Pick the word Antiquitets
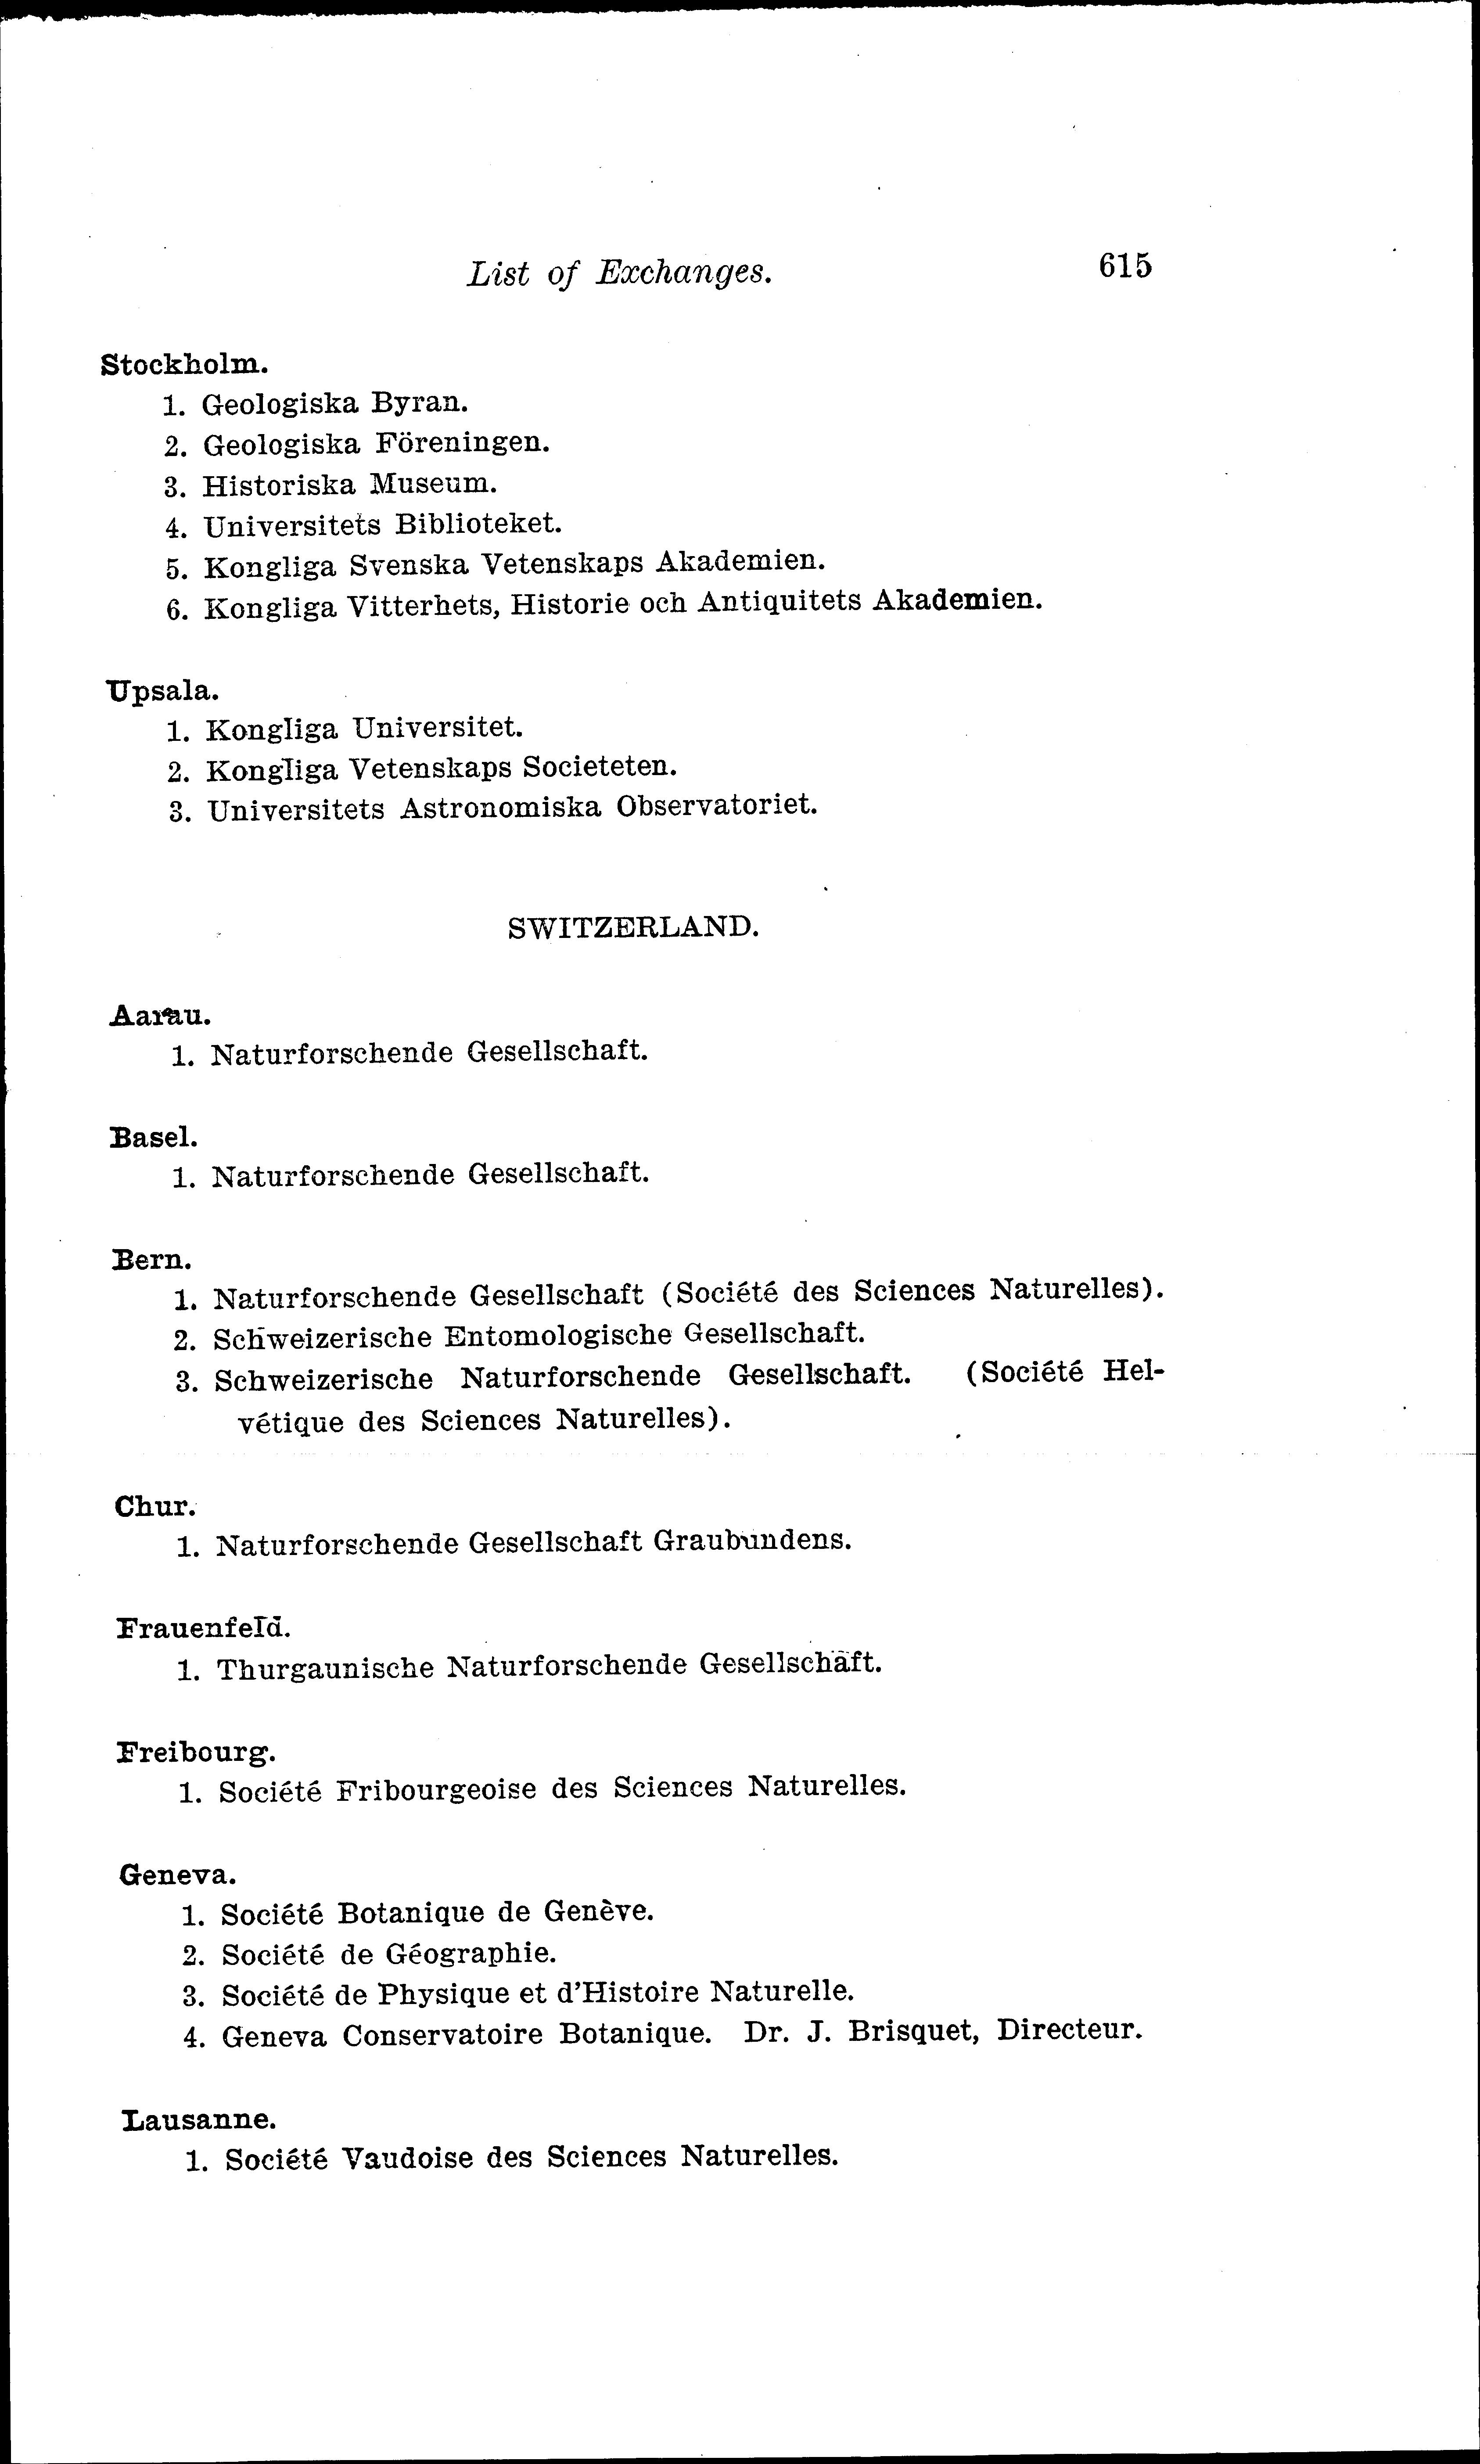pyautogui.click(x=776, y=601)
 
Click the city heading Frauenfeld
pyautogui.click(x=204, y=1628)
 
